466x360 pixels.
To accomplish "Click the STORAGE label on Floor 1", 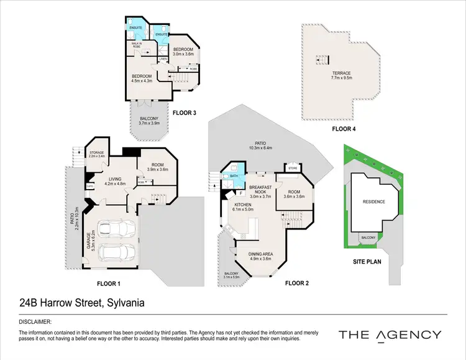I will pyautogui.click(x=96, y=152).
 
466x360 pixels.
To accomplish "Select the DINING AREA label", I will pyautogui.click(x=261, y=254).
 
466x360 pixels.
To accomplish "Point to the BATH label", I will pyautogui.click(x=234, y=175).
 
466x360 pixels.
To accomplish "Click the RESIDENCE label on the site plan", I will pyautogui.click(x=374, y=201).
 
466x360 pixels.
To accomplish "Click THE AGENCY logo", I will pyautogui.click(x=390, y=335).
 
